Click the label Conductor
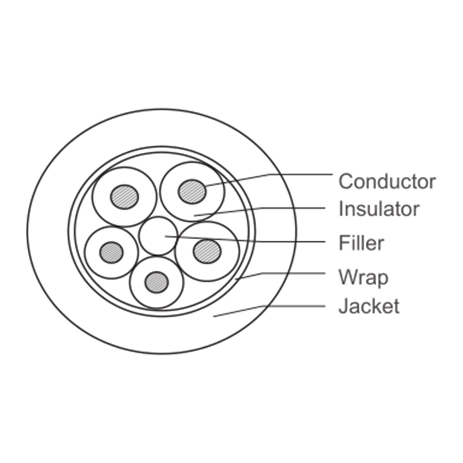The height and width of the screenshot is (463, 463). tap(387, 181)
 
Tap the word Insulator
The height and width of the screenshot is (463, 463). tap(379, 208)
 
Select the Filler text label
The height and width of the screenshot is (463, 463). tap(361, 242)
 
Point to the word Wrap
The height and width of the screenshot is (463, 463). tap(363, 277)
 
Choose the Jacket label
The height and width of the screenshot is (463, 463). tap(369, 306)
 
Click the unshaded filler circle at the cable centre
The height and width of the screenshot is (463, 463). tap(158, 236)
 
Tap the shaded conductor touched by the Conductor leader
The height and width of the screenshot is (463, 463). tap(192, 192)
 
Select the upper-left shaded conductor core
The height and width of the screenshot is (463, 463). tap(124, 197)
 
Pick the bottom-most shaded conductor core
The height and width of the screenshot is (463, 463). tap(157, 282)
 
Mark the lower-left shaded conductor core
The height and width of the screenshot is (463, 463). tap(111, 252)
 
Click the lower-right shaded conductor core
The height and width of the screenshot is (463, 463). tap(207, 251)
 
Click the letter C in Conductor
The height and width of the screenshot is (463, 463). tap(346, 181)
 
